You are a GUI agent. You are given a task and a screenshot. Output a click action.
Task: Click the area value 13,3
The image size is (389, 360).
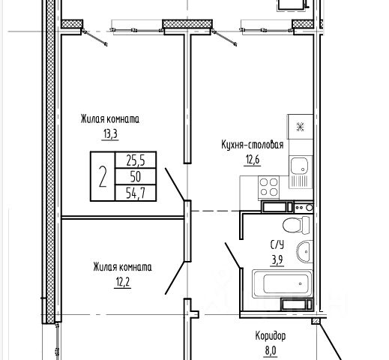point(110,134)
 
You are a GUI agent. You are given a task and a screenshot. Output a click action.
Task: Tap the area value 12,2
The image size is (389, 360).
point(123,283)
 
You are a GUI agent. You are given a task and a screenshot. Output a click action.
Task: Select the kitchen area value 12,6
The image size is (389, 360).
point(253,160)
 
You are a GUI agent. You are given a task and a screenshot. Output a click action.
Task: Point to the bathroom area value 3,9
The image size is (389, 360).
point(277,260)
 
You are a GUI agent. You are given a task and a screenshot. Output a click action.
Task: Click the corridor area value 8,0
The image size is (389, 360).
point(271,350)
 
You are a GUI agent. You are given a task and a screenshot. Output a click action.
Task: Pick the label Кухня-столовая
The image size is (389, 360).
point(253,145)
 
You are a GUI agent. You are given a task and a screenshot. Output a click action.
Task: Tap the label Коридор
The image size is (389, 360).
point(271,336)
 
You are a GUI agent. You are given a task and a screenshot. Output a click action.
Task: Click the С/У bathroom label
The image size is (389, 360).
point(277,245)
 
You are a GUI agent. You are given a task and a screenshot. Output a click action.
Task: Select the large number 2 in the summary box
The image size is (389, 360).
point(103,176)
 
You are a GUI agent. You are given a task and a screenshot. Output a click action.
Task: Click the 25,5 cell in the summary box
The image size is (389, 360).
point(136,160)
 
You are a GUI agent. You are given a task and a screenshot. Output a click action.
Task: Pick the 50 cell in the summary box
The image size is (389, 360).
point(136,177)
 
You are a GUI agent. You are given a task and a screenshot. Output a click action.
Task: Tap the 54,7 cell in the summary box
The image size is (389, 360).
point(136,193)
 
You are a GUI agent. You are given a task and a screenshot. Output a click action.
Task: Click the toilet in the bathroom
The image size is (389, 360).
point(296,225)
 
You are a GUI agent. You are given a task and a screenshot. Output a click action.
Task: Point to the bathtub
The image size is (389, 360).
point(283,284)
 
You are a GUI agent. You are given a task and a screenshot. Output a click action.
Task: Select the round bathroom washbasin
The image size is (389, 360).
point(304,251)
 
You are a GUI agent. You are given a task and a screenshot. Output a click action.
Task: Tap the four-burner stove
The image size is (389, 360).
point(269,187)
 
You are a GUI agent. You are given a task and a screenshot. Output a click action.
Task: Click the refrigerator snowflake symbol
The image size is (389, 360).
point(300,127)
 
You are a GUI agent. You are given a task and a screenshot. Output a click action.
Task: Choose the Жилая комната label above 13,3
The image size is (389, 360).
point(110,119)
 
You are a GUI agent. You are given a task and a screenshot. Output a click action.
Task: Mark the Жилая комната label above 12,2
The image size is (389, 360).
point(123,267)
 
